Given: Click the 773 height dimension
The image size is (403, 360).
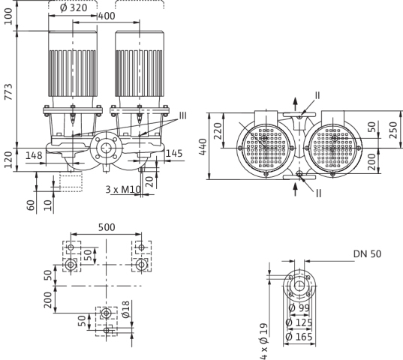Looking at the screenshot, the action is click(x=8, y=91).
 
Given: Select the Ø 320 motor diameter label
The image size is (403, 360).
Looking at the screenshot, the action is click(x=74, y=7).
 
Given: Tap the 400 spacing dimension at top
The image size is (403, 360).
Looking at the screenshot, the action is click(x=107, y=16).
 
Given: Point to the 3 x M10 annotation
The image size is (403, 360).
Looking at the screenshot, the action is click(x=123, y=190).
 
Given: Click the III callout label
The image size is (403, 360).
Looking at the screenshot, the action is click(x=182, y=115).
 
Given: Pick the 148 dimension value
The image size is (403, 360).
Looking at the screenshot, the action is click(x=34, y=155).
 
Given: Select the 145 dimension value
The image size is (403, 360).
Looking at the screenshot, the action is click(x=174, y=154).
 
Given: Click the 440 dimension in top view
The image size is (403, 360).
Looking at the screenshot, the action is click(x=203, y=147).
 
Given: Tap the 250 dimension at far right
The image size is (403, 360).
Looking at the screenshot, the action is click(x=393, y=130).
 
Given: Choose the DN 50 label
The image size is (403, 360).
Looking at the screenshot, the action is click(x=367, y=254).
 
